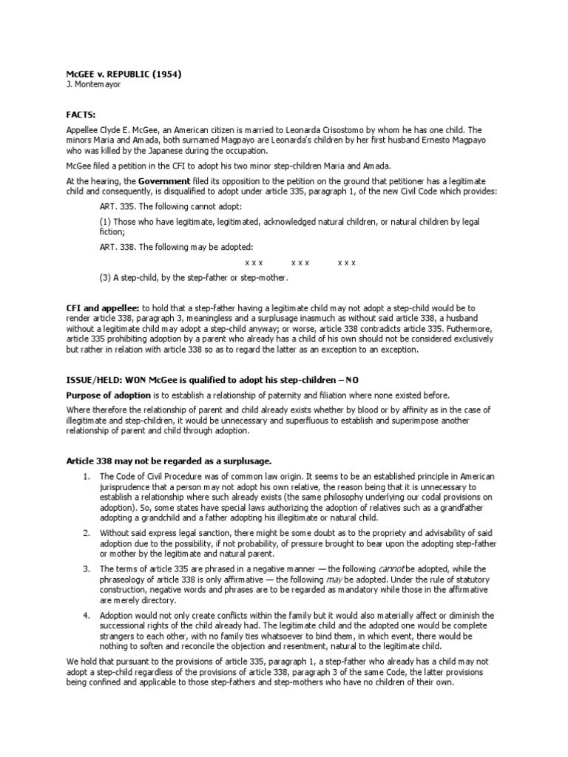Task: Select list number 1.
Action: [x=87, y=476]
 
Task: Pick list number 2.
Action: [x=87, y=532]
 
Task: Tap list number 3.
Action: [x=87, y=568]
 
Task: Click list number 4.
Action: [x=87, y=615]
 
